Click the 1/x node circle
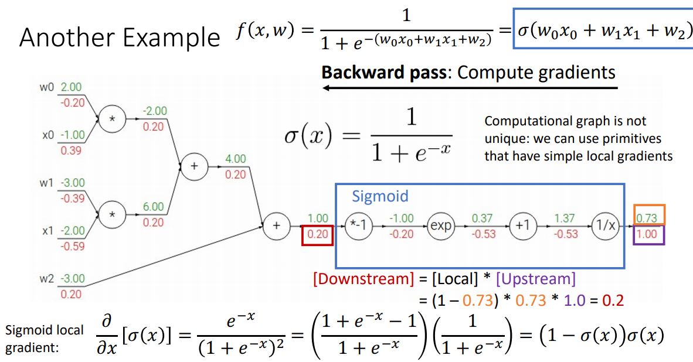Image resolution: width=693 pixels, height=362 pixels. (x=605, y=226)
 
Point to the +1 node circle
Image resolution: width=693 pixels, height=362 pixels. (x=522, y=226)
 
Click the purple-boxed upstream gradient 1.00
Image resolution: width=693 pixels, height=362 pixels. (x=649, y=234)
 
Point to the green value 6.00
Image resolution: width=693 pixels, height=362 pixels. (x=154, y=207)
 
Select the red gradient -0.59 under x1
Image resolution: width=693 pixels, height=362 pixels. (x=72, y=246)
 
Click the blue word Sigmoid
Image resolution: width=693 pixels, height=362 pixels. (x=379, y=196)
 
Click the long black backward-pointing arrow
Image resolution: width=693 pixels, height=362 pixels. (x=469, y=88)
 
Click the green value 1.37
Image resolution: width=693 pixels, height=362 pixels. (x=565, y=218)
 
